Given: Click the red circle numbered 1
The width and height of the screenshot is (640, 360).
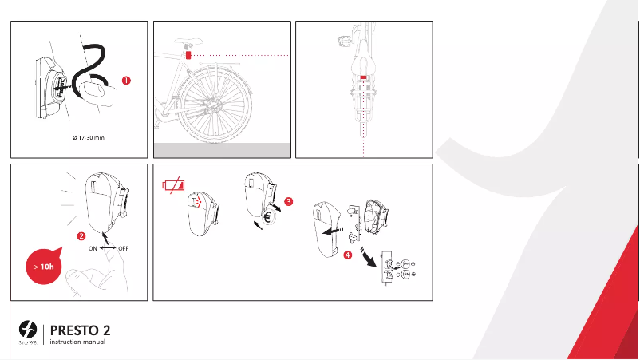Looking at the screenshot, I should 125,80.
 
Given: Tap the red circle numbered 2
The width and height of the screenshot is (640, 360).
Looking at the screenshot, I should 81,236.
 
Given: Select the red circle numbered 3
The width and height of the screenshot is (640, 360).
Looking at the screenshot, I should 288,202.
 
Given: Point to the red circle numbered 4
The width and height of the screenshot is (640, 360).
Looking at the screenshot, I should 346,256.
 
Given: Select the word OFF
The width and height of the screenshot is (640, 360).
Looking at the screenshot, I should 124,248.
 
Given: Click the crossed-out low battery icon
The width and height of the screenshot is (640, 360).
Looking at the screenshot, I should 172,187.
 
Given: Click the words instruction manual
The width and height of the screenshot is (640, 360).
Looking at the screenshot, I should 77,342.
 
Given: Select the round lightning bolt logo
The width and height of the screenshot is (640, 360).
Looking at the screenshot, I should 28,329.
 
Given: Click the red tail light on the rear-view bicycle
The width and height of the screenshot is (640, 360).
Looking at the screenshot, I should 362,77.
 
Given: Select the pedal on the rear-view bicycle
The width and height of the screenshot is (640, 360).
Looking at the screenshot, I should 346,40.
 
